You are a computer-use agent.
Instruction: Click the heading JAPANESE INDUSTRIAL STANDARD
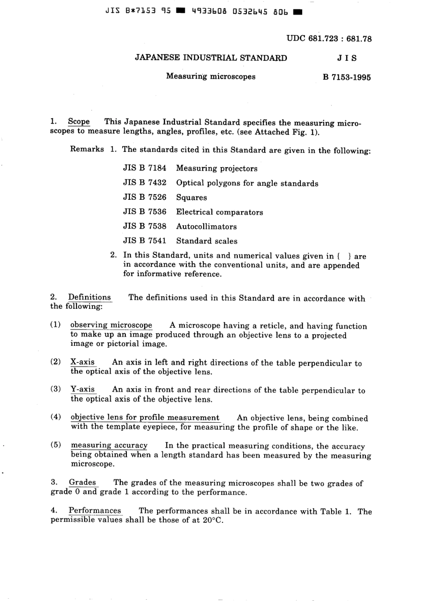[211, 58]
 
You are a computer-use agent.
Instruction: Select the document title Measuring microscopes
[211, 76]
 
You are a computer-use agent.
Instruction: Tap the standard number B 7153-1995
[347, 77]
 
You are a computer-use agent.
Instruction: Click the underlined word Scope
[79, 122]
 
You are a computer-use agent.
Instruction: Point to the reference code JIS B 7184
[145, 168]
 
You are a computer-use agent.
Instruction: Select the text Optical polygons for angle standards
[247, 183]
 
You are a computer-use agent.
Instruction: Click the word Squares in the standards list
[191, 198]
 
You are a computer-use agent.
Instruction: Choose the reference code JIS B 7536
[145, 212]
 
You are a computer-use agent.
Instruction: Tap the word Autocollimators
[206, 227]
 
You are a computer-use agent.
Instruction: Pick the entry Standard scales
[207, 241]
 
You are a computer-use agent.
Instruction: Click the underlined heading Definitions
[89, 298]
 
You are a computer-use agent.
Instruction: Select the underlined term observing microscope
[111, 325]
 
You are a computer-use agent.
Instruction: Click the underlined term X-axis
[83, 362]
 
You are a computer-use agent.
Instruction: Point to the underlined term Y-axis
[83, 390]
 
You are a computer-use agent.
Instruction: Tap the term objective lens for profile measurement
[145, 418]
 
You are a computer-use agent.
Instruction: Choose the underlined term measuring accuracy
[109, 445]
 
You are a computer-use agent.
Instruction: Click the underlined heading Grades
[83, 483]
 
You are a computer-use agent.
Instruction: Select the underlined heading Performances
[95, 511]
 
